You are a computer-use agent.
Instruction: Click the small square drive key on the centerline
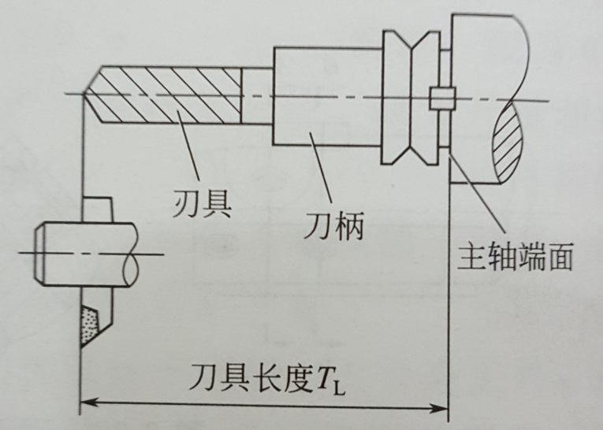tap(442, 98)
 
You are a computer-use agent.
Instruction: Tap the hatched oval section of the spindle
tap(509, 145)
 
